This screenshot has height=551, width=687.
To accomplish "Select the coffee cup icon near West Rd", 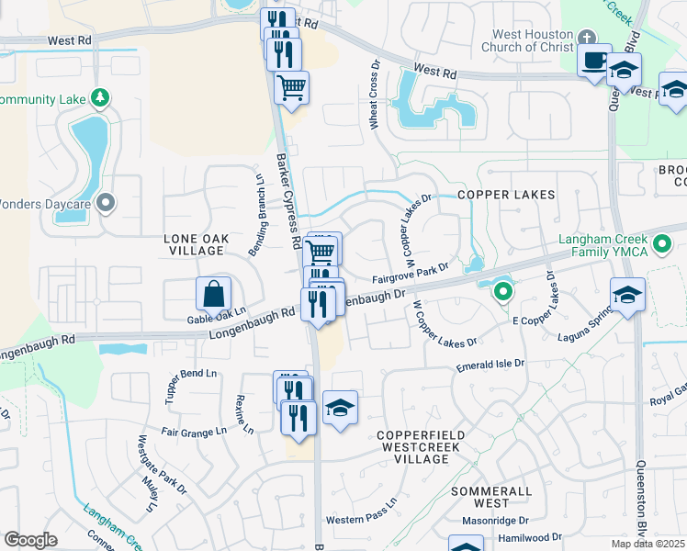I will (x=594, y=61).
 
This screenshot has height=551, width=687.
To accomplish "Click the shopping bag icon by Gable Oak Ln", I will (x=213, y=294).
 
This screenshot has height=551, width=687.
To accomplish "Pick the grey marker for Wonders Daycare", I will (x=106, y=202).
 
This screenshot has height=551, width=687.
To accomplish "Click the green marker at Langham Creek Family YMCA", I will (x=660, y=246).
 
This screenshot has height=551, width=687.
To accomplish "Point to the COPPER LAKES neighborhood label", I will (x=507, y=196).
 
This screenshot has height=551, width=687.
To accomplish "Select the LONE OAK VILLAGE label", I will (x=196, y=244).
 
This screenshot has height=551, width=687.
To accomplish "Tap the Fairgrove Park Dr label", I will (x=411, y=272).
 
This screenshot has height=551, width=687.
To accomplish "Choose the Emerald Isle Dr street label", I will (x=490, y=365).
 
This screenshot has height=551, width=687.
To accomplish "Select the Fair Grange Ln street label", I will (x=194, y=432).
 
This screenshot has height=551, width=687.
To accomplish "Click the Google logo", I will (x=31, y=540).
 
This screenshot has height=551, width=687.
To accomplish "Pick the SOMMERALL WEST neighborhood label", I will (x=492, y=497).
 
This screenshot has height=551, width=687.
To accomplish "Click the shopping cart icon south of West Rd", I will (x=291, y=88).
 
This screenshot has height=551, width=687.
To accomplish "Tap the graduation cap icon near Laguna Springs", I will (x=627, y=295).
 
